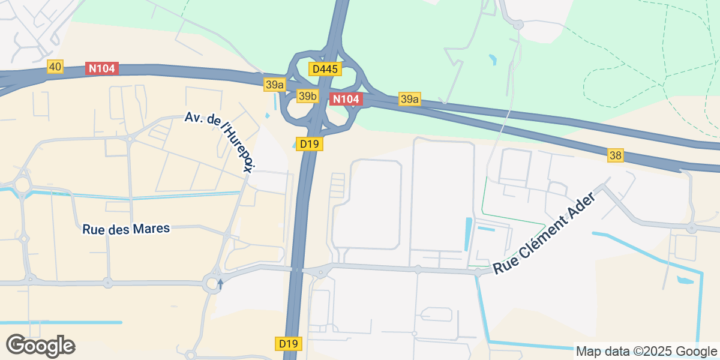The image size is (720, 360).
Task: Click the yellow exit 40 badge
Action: [55, 67]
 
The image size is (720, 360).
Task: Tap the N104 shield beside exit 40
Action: [103, 68]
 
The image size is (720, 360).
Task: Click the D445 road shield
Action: [325, 69]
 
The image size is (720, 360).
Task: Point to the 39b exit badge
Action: [307, 96]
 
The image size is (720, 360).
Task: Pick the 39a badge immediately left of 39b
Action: [274, 85]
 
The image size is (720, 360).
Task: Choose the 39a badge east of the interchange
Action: [409, 99]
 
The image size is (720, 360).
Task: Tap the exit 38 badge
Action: [615, 155]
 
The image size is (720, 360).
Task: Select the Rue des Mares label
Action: [126, 229]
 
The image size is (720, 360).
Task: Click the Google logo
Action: [40, 346]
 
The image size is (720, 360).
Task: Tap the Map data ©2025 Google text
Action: [646, 351]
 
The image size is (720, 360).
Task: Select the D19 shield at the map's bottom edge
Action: [289, 344]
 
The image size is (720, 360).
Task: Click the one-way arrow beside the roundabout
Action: [220, 283]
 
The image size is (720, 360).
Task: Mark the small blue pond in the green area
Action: [493, 59]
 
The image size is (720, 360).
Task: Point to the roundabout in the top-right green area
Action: [518, 25]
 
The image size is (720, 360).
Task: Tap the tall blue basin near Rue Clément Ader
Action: [469, 235]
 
